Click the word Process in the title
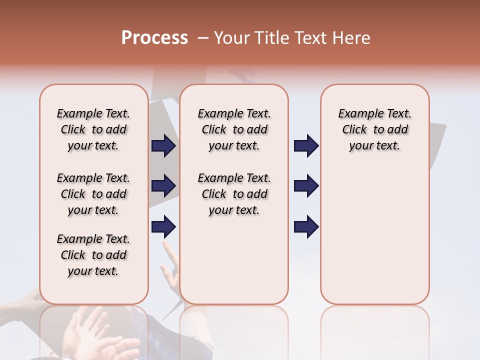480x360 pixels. pyautogui.click(x=154, y=38)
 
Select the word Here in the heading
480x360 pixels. pyautogui.click(x=351, y=38)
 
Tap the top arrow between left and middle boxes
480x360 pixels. pyautogui.click(x=163, y=146)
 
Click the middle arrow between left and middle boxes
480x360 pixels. pyautogui.click(x=163, y=186)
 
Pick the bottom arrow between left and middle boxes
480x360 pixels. pyautogui.click(x=163, y=226)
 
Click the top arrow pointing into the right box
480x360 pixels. pyautogui.click(x=306, y=146)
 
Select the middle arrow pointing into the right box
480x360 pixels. pyautogui.click(x=306, y=186)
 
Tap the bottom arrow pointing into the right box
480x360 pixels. pyautogui.click(x=306, y=226)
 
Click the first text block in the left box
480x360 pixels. pyautogui.click(x=93, y=129)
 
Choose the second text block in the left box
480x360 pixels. pyautogui.click(x=93, y=194)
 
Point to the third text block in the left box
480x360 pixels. pyautogui.click(x=93, y=255)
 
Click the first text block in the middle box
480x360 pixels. pyautogui.click(x=234, y=129)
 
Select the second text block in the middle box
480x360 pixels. pyautogui.click(x=234, y=194)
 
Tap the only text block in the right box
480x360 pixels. pyautogui.click(x=375, y=129)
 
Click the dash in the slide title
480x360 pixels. pyautogui.click(x=202, y=38)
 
